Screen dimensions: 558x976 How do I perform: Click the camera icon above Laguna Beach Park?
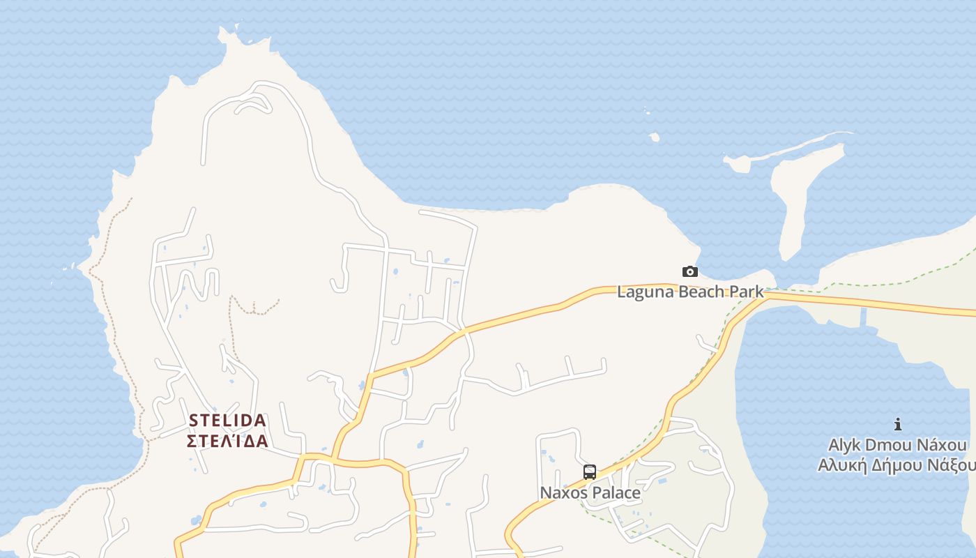(689, 272)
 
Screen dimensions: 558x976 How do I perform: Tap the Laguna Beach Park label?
(690, 292)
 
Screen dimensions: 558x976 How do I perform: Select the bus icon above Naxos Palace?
(590, 472)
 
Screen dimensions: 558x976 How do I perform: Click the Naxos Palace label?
(590, 492)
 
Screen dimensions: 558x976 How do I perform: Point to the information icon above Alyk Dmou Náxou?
(898, 424)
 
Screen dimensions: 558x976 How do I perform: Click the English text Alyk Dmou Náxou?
(897, 445)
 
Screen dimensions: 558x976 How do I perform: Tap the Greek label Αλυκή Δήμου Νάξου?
(897, 465)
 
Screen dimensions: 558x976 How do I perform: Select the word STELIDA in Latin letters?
(228, 421)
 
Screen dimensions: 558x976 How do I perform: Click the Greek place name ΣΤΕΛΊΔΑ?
(228, 441)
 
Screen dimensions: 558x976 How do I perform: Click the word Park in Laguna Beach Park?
(747, 292)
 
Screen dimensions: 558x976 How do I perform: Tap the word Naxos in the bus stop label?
(562, 492)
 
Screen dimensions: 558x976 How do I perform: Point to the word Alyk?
(844, 445)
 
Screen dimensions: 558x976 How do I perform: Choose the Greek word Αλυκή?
(839, 465)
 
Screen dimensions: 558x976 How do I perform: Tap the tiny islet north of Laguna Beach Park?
(654, 137)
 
